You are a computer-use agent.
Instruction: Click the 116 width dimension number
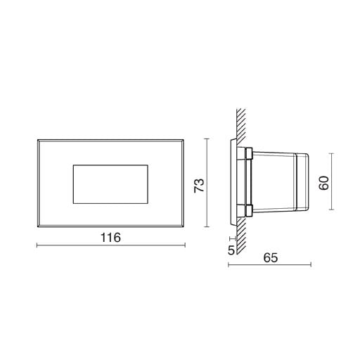(110, 238)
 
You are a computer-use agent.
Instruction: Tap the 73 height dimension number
(199, 186)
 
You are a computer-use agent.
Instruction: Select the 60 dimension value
(324, 183)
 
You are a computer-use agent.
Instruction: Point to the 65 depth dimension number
(271, 257)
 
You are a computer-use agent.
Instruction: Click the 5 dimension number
(231, 250)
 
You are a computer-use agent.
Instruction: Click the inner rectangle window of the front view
(110, 184)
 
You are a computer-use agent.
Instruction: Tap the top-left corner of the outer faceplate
(38, 140)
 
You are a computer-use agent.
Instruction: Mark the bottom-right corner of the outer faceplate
(184, 227)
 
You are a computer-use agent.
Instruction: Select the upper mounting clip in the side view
(248, 153)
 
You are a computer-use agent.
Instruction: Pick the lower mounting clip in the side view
(248, 210)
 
